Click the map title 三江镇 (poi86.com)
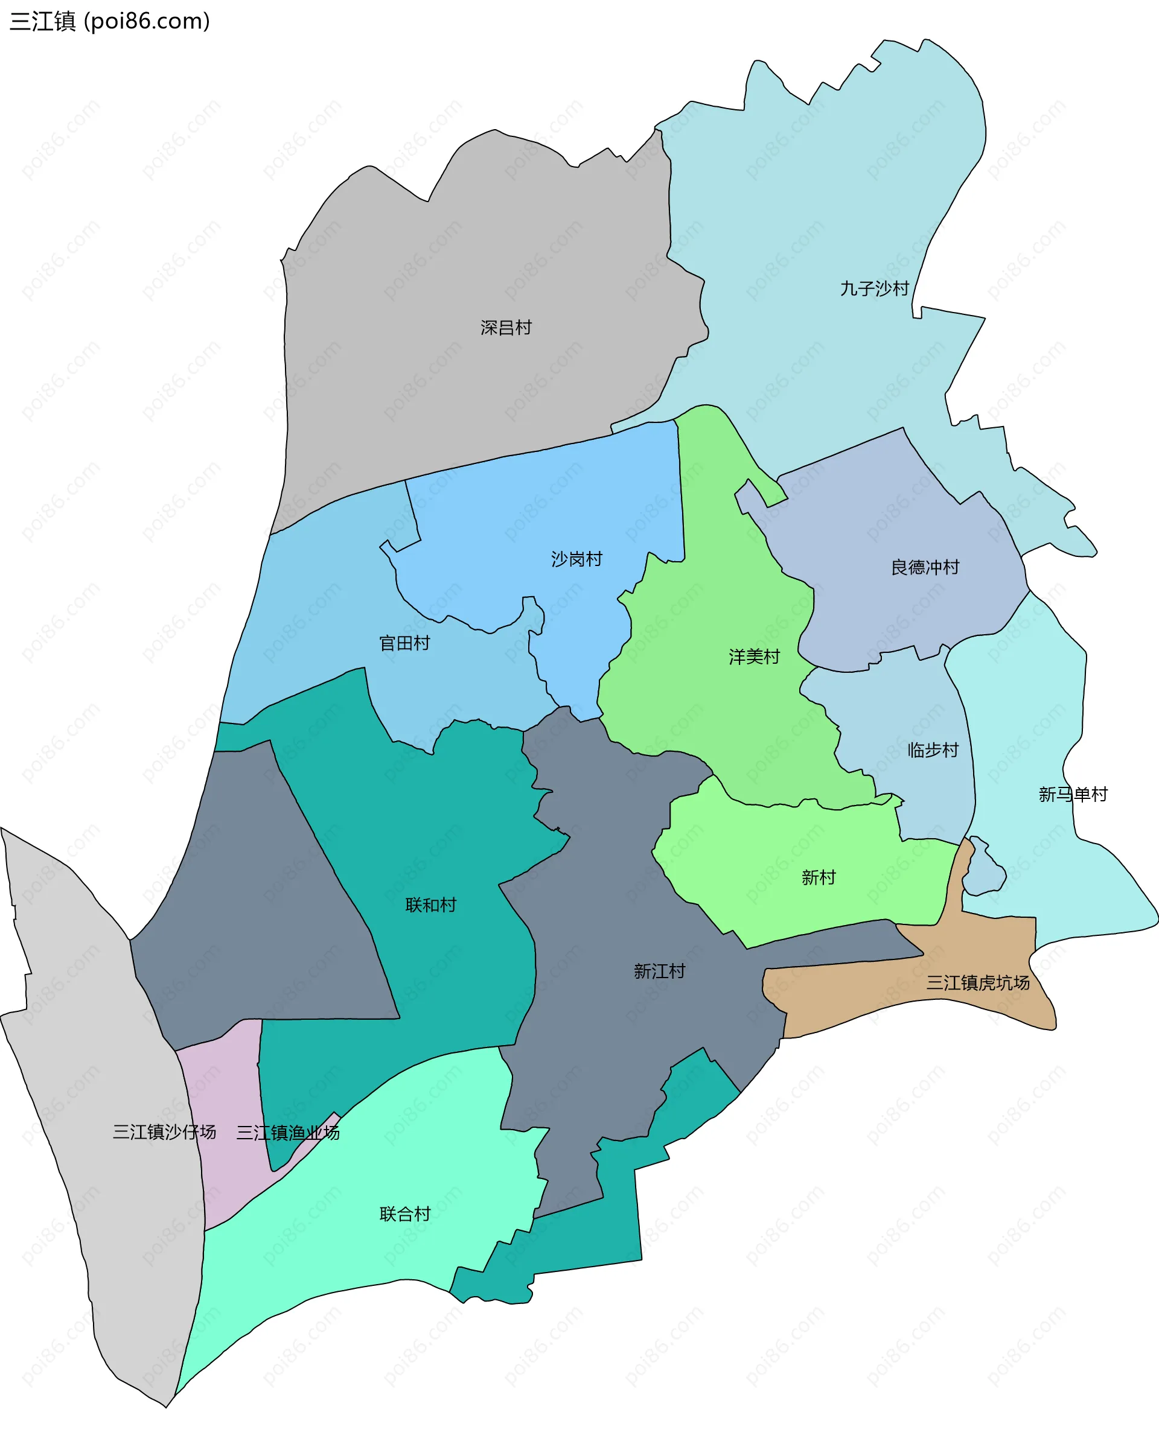coord(109,22)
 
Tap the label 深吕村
coord(506,328)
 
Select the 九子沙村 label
coord(874,288)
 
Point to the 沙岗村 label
coord(576,559)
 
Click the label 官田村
coord(404,643)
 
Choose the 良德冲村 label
coord(925,567)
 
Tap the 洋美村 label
coord(754,657)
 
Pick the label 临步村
coord(933,749)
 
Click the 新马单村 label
coord(1073,794)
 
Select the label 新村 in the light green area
coord(818,877)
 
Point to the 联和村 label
coord(430,905)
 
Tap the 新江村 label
coord(659,971)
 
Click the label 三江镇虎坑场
coord(977,982)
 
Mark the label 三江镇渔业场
coord(287,1132)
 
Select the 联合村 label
coord(404,1213)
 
